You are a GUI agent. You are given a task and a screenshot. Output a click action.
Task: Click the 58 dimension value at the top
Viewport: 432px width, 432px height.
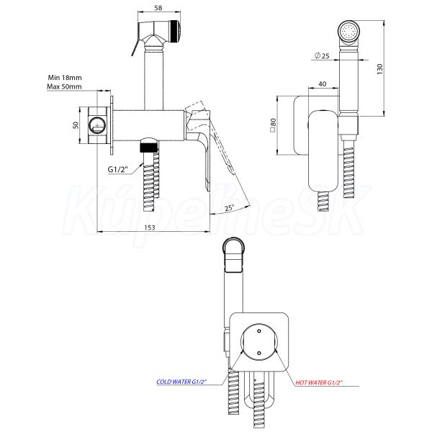point(158,8)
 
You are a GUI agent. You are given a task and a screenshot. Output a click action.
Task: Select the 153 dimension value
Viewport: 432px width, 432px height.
point(149,228)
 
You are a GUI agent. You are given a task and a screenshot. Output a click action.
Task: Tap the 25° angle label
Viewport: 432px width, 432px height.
point(229,207)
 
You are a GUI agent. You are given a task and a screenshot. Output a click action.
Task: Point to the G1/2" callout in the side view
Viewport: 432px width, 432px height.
point(118,169)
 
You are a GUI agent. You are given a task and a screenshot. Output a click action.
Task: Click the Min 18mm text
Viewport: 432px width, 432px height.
point(65,78)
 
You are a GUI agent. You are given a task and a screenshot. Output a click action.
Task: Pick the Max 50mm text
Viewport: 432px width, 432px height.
point(64,86)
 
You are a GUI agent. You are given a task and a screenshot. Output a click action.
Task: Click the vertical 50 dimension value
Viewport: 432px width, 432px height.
point(76,125)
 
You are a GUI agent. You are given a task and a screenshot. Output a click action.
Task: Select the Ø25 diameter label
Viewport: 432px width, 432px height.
point(322,55)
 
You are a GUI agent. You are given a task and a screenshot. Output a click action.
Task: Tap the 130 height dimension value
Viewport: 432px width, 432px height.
point(380,69)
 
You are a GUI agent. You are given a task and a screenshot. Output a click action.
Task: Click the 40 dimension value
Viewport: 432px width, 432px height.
point(322,84)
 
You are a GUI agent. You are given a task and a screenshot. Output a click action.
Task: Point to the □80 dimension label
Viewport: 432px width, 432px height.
point(273,125)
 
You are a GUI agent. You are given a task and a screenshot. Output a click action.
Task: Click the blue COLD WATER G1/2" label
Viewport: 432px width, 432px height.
point(181,382)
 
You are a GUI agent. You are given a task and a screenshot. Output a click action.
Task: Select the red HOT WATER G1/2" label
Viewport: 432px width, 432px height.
point(319,382)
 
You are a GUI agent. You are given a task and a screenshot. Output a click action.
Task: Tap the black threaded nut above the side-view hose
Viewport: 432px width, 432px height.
point(149,147)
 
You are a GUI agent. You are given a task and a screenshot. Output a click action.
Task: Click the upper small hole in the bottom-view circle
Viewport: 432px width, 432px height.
point(258,331)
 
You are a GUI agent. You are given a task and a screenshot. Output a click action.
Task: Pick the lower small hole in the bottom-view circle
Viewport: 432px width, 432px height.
point(258,353)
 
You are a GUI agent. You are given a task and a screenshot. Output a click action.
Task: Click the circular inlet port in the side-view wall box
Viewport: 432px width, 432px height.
point(96,125)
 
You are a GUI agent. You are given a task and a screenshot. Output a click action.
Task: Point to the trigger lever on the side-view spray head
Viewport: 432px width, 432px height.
point(136,48)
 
